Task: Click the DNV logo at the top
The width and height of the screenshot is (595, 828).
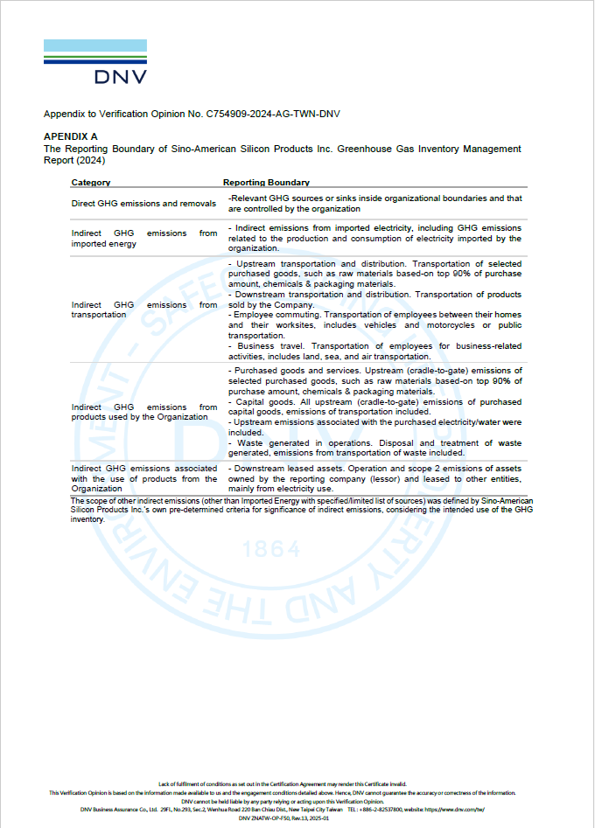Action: (95, 62)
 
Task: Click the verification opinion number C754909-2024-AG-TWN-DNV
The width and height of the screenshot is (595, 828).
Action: (273, 115)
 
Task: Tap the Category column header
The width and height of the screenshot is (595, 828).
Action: (91, 183)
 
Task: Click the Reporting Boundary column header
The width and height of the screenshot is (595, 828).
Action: (266, 183)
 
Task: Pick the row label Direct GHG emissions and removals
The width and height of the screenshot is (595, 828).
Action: (143, 204)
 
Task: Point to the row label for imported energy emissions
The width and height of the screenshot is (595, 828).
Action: (143, 239)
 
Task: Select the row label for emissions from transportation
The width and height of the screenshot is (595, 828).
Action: (143, 310)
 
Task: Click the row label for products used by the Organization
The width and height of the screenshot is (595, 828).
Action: (143, 412)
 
